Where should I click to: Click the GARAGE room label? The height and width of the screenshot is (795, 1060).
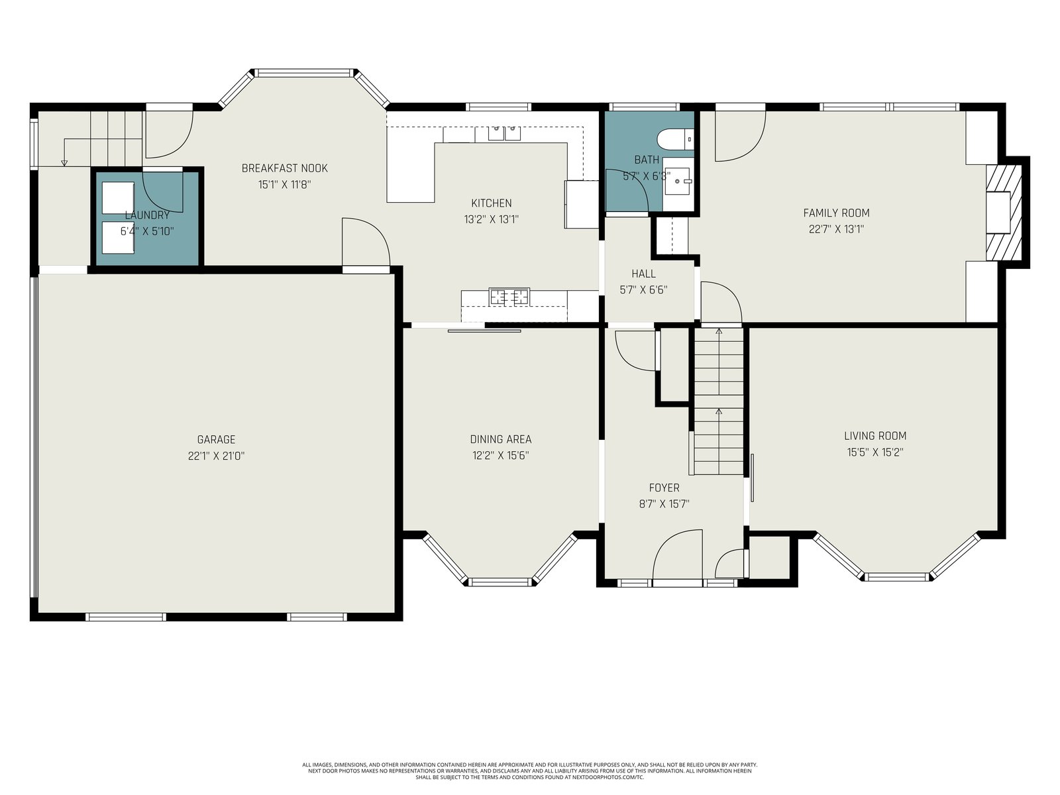(x=216, y=439)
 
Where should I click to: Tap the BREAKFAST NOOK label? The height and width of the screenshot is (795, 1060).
(x=284, y=168)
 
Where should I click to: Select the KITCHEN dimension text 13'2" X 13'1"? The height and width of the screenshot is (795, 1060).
(x=491, y=220)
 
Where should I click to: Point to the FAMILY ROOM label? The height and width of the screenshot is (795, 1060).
(x=836, y=213)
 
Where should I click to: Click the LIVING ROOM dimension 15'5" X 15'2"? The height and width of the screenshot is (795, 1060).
(x=875, y=452)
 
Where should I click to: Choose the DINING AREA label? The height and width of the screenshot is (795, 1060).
(x=500, y=439)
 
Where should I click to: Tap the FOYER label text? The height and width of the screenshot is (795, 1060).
(x=664, y=488)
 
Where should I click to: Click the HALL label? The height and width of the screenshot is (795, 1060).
(x=643, y=274)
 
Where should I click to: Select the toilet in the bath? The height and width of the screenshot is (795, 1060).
(x=675, y=139)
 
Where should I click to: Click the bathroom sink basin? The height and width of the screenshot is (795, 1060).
(x=676, y=181)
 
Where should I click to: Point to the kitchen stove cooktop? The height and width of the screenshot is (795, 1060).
(x=509, y=296)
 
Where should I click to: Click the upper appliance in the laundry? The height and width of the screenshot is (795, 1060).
(x=119, y=198)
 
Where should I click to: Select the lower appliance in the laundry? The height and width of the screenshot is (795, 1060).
(x=119, y=237)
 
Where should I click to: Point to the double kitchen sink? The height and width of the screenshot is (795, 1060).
(x=504, y=132)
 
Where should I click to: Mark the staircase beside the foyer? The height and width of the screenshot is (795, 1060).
(x=719, y=401)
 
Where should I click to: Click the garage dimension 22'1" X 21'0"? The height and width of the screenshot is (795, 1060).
(x=216, y=456)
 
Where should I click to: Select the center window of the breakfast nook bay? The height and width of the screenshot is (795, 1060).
(x=304, y=73)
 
